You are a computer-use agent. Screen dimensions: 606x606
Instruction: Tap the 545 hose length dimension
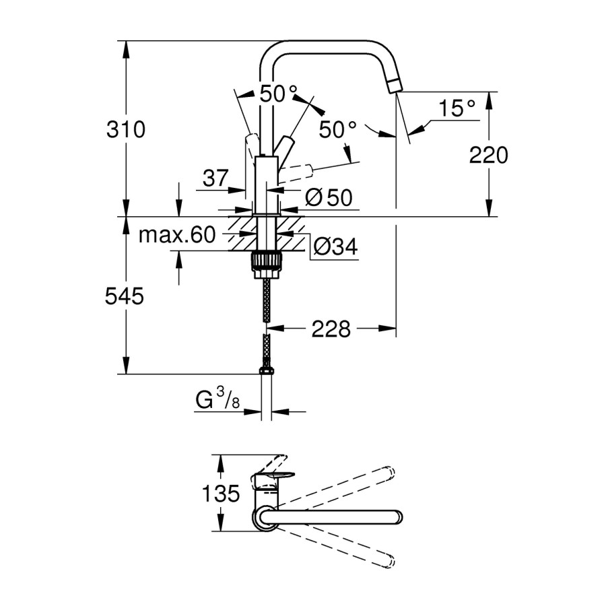126,296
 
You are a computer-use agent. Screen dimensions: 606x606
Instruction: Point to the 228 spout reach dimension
331,329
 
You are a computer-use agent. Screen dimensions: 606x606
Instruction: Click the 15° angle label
457,108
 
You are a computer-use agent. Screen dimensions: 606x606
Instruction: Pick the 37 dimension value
215,178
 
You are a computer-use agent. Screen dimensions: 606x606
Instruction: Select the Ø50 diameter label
329,198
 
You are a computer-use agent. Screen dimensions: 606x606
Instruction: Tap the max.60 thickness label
176,235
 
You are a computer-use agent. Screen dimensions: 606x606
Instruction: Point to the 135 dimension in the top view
221,494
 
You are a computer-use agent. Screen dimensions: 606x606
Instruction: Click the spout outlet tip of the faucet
394,85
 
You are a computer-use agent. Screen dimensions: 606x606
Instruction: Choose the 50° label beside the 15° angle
338,129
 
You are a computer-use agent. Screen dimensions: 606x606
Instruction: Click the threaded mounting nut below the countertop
266,263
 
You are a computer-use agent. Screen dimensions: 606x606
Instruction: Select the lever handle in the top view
273,479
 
